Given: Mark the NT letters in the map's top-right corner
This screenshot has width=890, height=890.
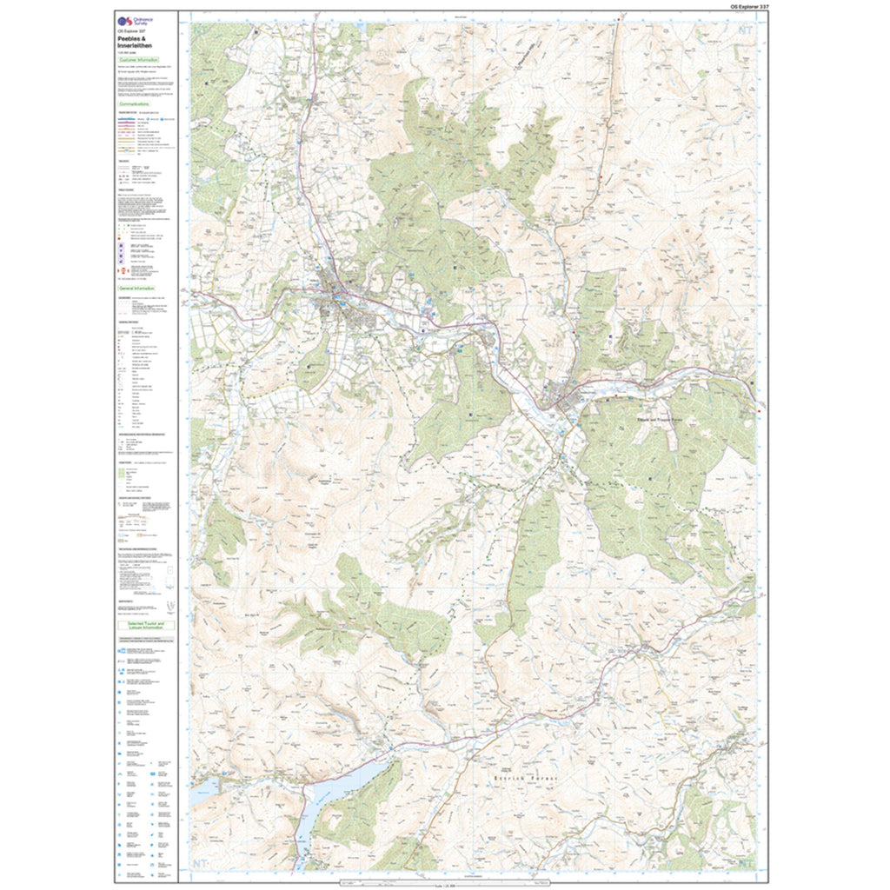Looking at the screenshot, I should [744, 28].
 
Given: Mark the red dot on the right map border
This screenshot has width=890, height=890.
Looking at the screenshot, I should [759, 410].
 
